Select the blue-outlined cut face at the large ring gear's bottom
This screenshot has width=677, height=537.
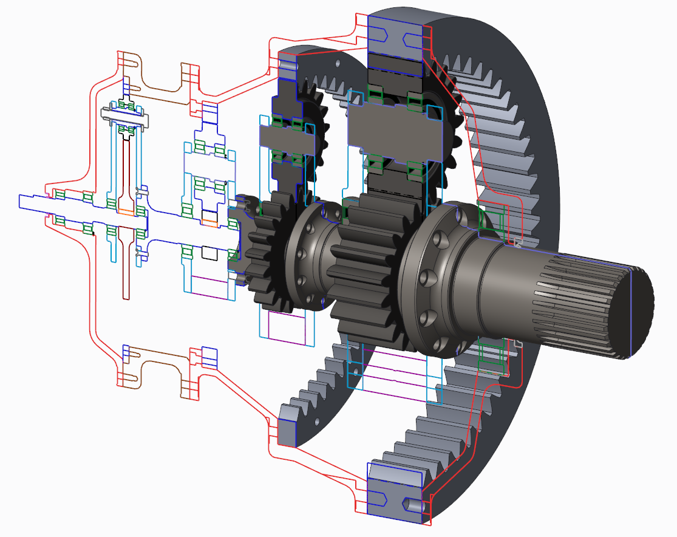(395, 492)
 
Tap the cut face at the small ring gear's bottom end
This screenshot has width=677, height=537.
(286, 428)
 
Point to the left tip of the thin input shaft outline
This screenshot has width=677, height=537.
(22, 201)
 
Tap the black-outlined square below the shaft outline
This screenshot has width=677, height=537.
(210, 251)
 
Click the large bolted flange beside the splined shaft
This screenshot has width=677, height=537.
(437, 279)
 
